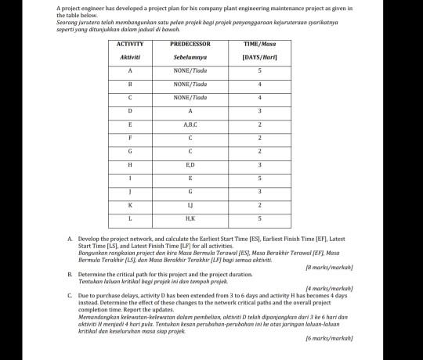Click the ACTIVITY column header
click(x=129, y=45)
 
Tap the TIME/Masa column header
click(x=258, y=45)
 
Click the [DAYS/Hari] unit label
click(x=258, y=57)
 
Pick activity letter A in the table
click(x=129, y=70)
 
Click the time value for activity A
click(x=258, y=70)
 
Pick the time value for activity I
click(x=258, y=178)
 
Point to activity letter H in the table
click(x=129, y=165)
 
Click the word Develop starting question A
click(x=89, y=237)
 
